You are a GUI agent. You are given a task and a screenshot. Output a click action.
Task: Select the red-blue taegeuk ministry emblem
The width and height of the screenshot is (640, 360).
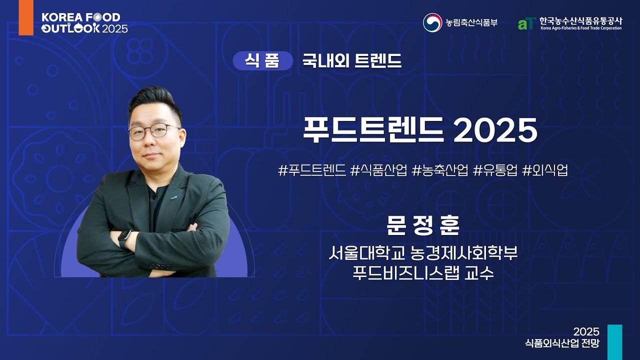click(432, 22)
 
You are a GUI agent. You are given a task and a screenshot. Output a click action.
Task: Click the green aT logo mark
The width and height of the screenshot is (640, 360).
click(526, 23)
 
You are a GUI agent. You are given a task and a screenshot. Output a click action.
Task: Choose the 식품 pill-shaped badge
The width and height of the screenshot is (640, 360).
click(262, 61)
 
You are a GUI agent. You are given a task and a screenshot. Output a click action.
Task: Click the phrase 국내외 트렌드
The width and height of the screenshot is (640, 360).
click(351, 61)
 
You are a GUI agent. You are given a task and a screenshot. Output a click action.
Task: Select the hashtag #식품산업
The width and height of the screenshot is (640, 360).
click(379, 170)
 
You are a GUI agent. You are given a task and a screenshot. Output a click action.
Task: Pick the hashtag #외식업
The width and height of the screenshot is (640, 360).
click(545, 170)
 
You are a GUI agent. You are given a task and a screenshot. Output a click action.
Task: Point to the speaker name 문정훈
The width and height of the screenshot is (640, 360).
click(422, 226)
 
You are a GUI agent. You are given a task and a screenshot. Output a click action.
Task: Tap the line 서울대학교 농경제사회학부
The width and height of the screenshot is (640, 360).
click(422, 254)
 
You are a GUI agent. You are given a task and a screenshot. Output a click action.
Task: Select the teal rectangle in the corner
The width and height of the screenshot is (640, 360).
click(614, 342)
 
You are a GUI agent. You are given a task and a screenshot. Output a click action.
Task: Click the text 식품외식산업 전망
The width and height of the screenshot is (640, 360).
click(562, 343)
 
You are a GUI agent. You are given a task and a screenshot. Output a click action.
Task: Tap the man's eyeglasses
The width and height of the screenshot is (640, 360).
click(153, 131)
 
